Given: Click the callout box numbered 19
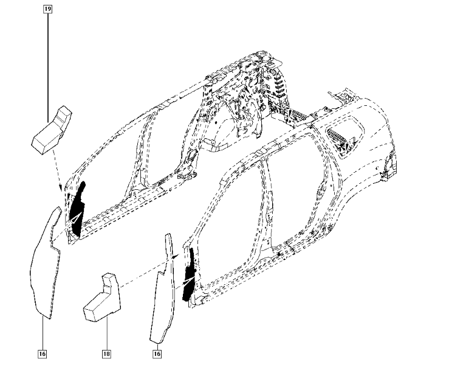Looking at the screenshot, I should click(x=48, y=10).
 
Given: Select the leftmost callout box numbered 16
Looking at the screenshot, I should click(x=42, y=353).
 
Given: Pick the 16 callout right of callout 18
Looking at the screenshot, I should click(x=157, y=353).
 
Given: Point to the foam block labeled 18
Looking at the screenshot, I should click(x=103, y=299).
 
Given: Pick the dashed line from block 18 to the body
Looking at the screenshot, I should click(x=146, y=268).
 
